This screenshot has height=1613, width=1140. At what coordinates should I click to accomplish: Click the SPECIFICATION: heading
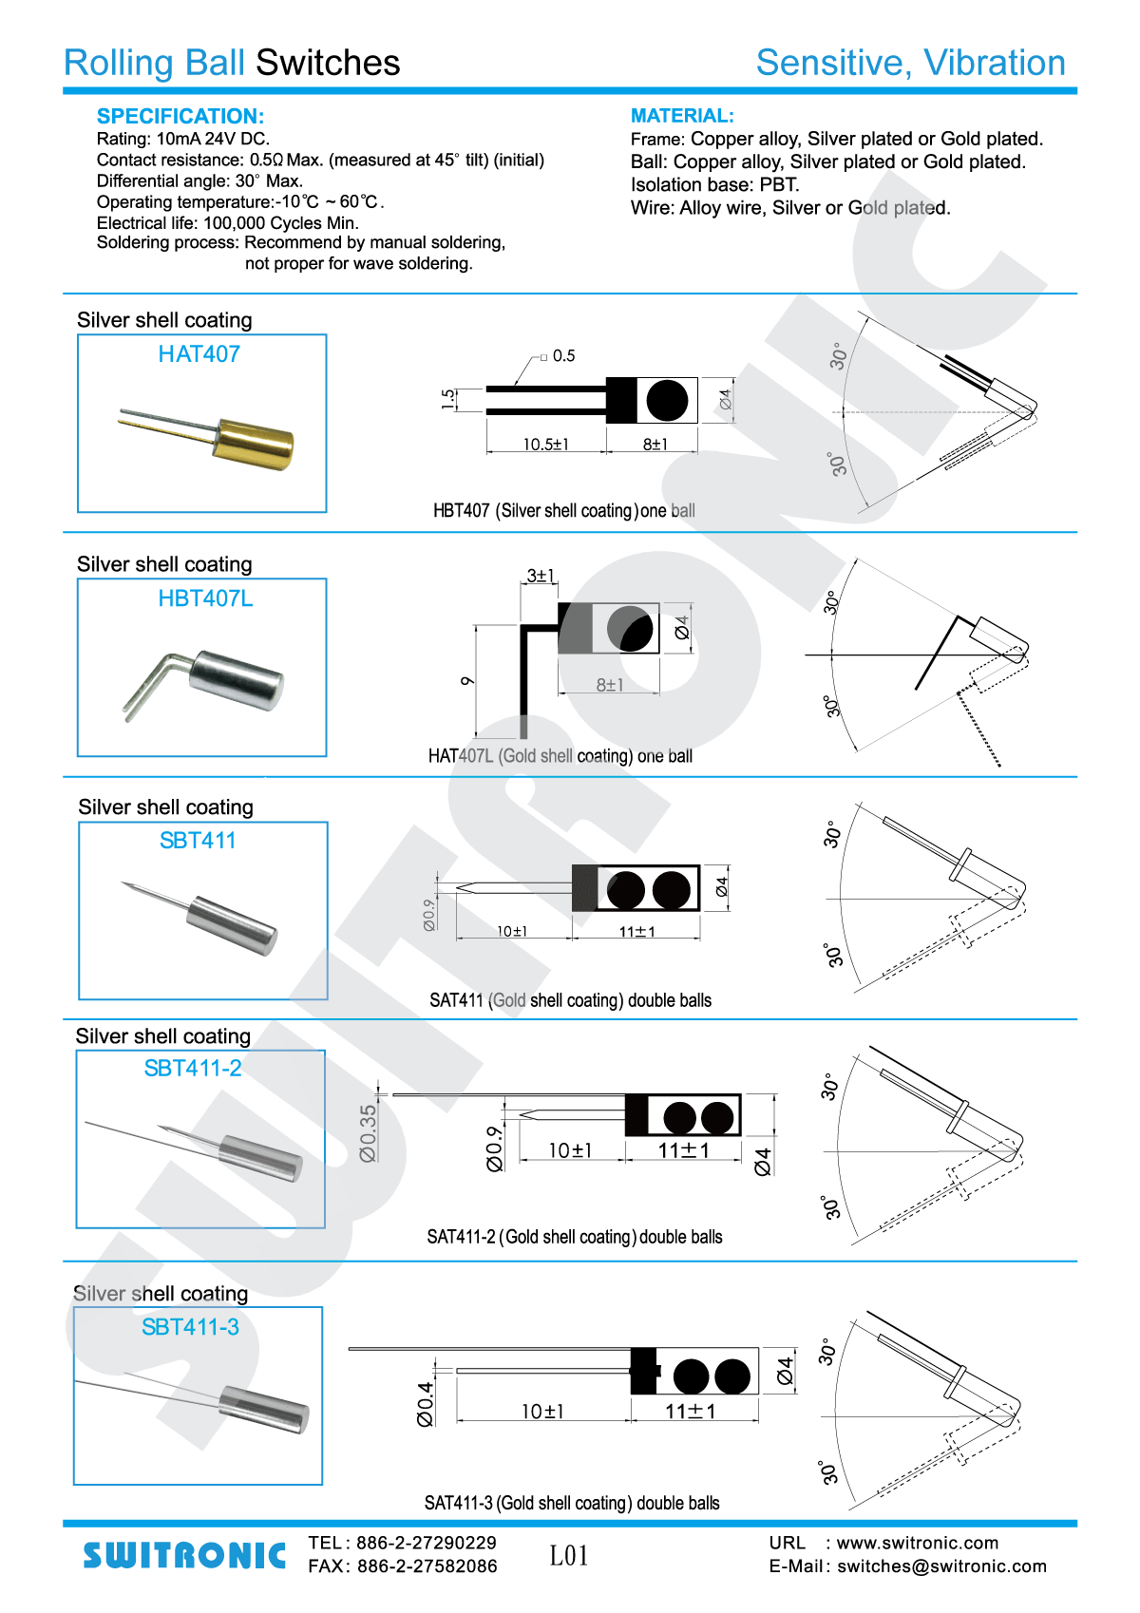click(180, 116)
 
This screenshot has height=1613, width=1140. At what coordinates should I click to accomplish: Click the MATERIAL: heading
click(682, 116)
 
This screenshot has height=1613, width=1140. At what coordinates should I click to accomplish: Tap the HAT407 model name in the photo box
click(199, 354)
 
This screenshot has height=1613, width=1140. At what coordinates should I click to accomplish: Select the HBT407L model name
click(205, 598)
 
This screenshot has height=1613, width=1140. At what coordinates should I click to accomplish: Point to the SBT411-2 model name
click(193, 1069)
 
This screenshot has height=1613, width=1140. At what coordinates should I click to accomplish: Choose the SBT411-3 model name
click(190, 1327)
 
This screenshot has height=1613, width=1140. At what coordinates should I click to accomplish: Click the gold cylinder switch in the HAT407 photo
click(255, 444)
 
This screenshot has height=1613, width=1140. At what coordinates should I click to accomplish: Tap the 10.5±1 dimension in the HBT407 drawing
click(545, 444)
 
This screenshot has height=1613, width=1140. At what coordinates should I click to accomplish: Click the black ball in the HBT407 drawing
click(667, 401)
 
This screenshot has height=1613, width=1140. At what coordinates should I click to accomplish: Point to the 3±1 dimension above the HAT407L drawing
click(541, 576)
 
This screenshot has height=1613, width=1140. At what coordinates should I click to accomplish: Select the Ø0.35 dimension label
click(368, 1132)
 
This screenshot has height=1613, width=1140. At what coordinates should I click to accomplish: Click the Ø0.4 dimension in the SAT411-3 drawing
click(425, 1403)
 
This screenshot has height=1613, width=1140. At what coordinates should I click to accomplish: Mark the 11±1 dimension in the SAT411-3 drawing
click(691, 1412)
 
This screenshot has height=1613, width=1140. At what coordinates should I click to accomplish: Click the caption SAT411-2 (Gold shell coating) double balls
click(574, 1237)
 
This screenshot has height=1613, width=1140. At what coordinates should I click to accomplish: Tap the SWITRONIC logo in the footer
click(184, 1555)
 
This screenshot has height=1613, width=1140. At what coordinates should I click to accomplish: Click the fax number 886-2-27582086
click(427, 1566)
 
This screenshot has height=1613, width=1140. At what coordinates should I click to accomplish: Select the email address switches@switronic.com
click(941, 1566)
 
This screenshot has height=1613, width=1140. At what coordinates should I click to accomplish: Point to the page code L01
click(569, 1555)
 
